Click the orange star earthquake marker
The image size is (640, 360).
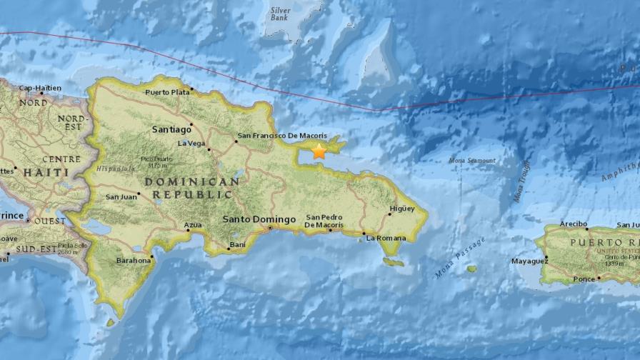(319, 151)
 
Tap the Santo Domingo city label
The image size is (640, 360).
(259, 219)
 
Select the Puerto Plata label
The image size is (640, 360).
(167, 92)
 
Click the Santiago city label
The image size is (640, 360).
(171, 129)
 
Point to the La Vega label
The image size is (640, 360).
(191, 143)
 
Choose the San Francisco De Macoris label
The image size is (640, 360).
(282, 136)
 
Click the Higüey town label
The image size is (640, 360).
(401, 209)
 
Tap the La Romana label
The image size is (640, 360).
(385, 239)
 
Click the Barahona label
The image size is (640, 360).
(134, 261)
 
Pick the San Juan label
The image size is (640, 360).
(121, 196)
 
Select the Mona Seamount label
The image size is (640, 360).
(472, 161)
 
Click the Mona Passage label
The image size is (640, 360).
(459, 258)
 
